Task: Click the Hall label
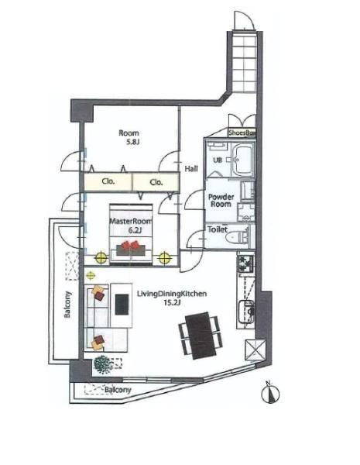191,169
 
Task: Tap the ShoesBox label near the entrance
242,133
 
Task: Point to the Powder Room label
221,200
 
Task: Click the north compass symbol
270,393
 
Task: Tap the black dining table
201,336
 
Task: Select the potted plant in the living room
103,364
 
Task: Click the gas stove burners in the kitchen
246,263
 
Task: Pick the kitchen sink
247,312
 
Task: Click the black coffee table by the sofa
122,305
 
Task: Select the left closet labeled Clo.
108,181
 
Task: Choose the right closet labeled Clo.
156,182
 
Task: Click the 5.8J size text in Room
133,142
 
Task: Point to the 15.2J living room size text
172,303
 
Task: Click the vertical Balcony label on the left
67,305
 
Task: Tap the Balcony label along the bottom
118,390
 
